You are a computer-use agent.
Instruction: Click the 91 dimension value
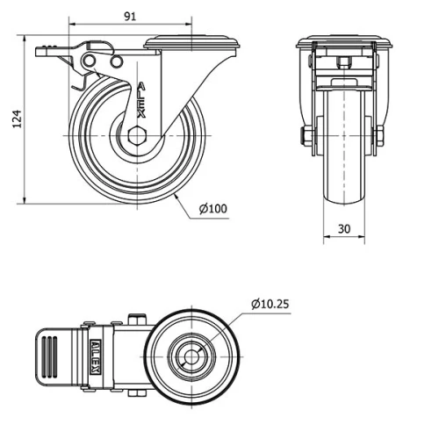129,16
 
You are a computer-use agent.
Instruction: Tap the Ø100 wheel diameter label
212,208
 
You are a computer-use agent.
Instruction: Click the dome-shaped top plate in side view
191,43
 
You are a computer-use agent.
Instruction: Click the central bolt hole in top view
191,356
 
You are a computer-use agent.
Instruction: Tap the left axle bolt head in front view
304,137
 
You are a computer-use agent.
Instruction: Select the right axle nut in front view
381,137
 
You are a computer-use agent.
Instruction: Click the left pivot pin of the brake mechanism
90,59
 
